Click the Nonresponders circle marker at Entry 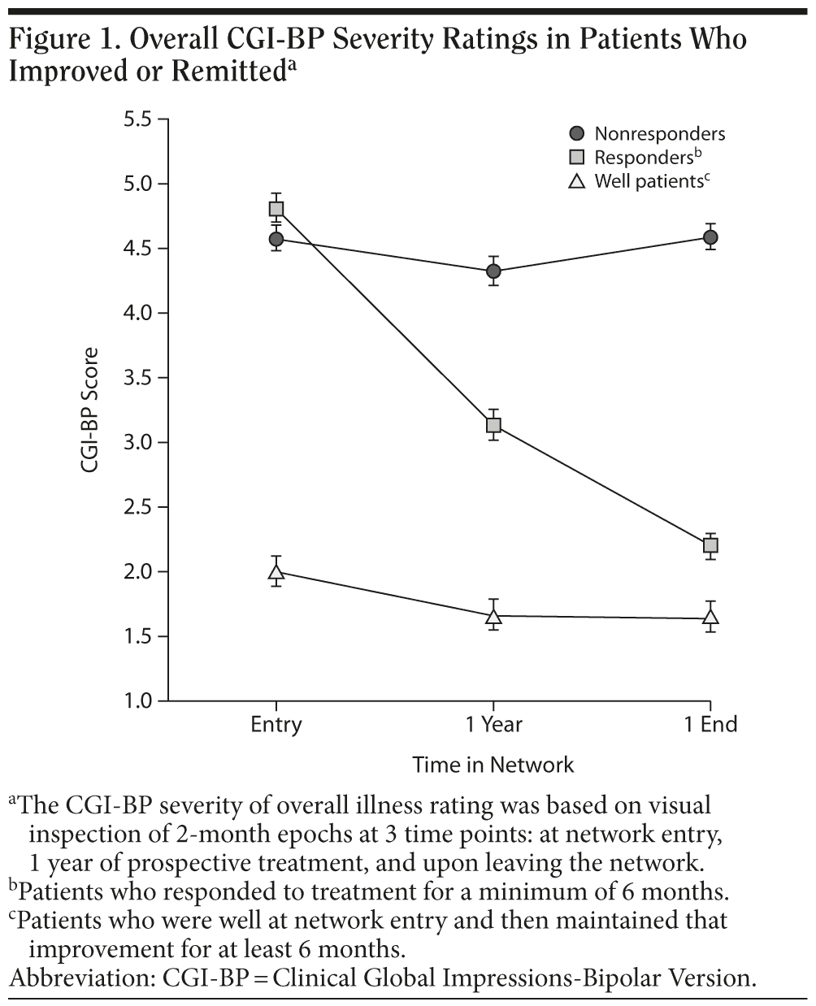[276, 239]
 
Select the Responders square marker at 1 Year [493, 425]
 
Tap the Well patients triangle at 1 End [710, 618]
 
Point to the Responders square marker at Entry [276, 209]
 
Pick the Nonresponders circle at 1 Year [493, 271]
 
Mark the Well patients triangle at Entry [276, 572]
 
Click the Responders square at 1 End [710, 545]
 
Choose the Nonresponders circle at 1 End [710, 237]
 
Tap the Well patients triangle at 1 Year [493, 617]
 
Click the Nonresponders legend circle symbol [578, 133]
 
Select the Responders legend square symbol [578, 158]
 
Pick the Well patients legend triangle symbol [578, 181]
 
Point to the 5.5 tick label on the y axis [138, 119]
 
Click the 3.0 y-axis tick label [138, 443]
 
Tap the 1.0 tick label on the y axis [138, 701]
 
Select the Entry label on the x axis [276, 724]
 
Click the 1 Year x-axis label [493, 724]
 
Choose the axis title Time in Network [493, 765]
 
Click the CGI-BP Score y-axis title [89, 410]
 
